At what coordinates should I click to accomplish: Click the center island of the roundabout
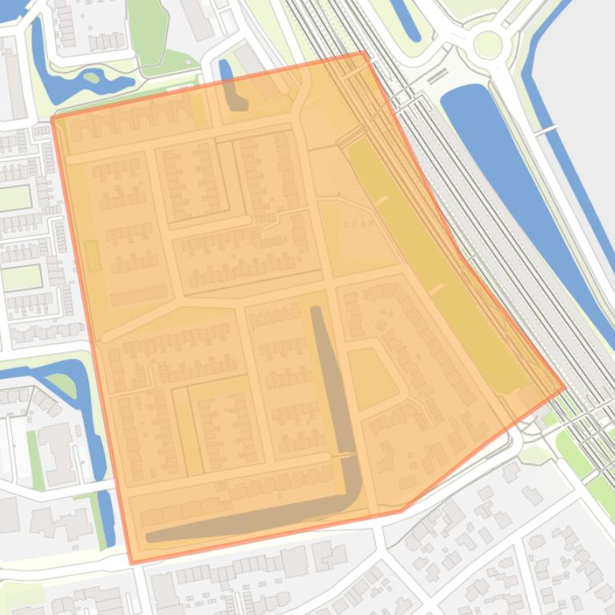point(487,46)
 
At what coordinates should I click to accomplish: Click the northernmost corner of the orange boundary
point(365,52)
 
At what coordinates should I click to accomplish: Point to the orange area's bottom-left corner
point(132,564)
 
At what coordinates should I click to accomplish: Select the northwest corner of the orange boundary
point(52,118)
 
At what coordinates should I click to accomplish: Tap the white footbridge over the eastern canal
point(547,129)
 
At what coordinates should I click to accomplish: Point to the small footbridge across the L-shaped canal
point(347,455)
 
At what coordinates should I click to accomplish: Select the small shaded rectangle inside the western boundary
point(92,256)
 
